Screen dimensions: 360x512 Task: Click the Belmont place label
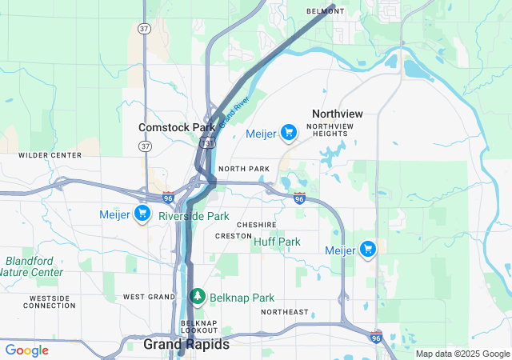tap(326, 11)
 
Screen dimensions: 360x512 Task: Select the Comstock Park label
tap(177, 127)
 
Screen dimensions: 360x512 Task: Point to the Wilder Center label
tap(50, 154)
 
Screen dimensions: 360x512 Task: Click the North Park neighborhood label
tap(243, 169)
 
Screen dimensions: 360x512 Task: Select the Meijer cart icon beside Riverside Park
tap(142, 214)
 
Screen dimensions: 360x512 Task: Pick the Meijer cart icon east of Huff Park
tap(368, 250)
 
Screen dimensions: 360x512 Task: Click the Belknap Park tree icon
tap(198, 297)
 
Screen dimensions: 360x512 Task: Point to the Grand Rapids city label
tap(186, 344)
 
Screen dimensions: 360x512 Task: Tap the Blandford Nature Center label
tap(34, 266)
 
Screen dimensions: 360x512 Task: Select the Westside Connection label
tap(50, 301)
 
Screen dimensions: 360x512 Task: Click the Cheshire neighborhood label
tap(256, 225)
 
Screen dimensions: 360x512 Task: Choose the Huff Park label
tap(277, 241)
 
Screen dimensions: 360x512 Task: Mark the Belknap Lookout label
tap(199, 326)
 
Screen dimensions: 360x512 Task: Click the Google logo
tap(26, 350)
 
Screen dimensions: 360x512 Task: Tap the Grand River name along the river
tap(234, 112)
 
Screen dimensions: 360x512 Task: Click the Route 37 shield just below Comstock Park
tap(145, 146)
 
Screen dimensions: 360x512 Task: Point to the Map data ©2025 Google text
tap(462, 354)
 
